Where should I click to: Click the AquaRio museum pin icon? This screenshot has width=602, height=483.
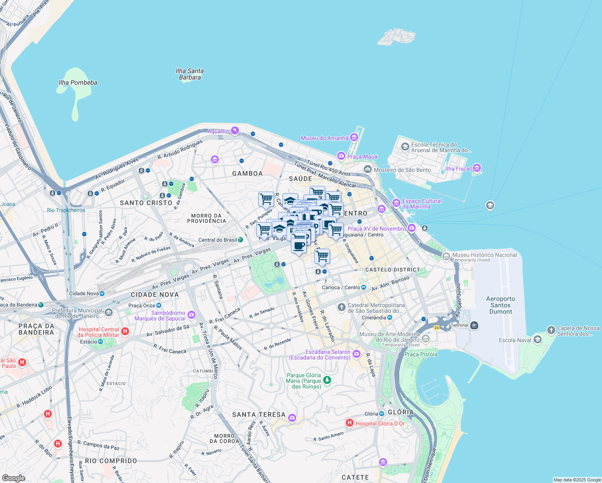(x=235, y=131)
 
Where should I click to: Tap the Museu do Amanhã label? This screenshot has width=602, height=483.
(x=325, y=138)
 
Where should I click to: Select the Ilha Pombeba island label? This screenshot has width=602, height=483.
(x=78, y=83)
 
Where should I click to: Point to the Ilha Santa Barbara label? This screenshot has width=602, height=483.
(x=190, y=74)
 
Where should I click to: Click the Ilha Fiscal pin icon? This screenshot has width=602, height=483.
(x=477, y=168)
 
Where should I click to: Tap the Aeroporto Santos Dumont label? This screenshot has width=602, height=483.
(x=501, y=305)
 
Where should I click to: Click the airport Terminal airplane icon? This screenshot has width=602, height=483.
(x=474, y=325)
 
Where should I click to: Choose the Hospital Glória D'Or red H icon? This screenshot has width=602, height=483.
(x=349, y=423)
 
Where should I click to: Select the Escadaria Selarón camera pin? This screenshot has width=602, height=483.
(x=356, y=354)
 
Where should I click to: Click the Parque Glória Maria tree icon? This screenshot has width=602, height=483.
(x=327, y=380)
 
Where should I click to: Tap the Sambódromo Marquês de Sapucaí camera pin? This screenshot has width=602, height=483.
(x=192, y=315)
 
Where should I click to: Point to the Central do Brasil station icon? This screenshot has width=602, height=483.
(x=240, y=239)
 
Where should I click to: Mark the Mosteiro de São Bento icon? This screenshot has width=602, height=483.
(x=367, y=169)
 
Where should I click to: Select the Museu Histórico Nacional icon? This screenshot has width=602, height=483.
(x=446, y=256)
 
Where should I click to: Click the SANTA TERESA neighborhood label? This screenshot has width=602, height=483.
(x=259, y=415)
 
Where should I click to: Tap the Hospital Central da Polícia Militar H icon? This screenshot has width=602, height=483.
(x=125, y=331)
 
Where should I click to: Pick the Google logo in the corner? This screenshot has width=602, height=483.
(x=13, y=478)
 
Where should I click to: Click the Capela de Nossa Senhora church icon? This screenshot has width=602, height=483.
(x=551, y=330)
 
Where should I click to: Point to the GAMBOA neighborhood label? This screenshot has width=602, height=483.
(x=247, y=173)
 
